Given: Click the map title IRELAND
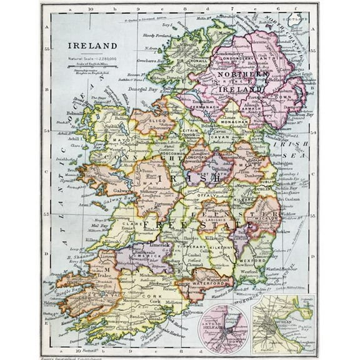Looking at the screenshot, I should (92, 46).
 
